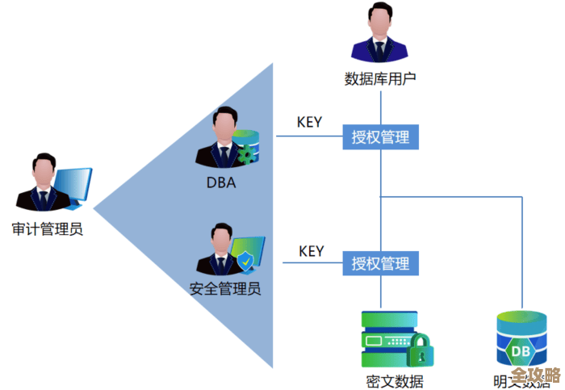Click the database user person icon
[379, 36]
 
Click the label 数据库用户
[379, 78]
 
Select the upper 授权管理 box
[380, 137]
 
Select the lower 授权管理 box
[380, 263]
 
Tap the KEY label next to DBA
[309, 123]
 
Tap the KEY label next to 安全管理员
[311, 251]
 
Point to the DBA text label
[220, 182]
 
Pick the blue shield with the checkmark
[245, 262]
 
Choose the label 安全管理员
[225, 288]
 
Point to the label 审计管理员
[48, 229]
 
